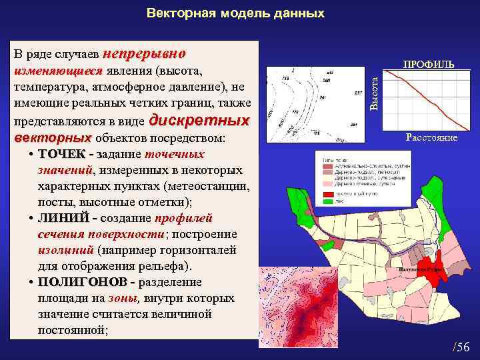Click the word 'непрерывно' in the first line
pos(145,52)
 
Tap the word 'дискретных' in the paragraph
pos(200,121)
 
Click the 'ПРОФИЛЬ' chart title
pos(429,65)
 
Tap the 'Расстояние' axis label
pos(431,137)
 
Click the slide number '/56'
pos(461,346)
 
